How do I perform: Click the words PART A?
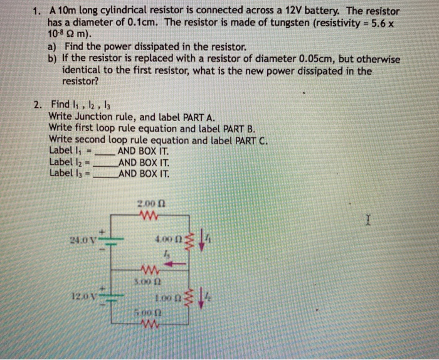[x=199, y=117]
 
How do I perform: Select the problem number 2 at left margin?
[x=38, y=105]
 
